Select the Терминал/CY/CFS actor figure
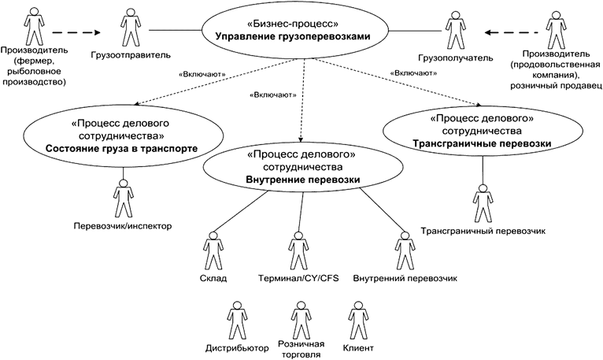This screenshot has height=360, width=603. [x=298, y=250]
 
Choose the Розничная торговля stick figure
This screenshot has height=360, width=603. [x=298, y=320]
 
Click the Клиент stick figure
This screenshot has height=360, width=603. [x=359, y=320]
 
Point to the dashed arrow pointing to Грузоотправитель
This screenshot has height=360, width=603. [x=78, y=33]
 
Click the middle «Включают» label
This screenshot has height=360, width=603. [x=272, y=95]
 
